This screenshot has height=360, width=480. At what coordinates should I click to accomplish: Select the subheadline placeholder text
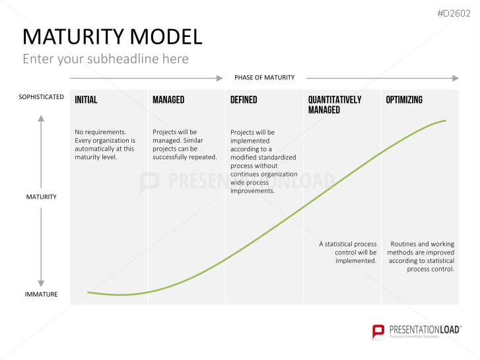click(106, 59)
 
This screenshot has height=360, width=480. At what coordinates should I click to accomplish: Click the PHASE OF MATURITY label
click(264, 78)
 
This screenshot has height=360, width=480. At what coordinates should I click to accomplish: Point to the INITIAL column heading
click(86, 100)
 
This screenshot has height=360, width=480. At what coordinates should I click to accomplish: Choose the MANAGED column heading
click(168, 100)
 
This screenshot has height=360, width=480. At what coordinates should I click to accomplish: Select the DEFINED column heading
click(244, 100)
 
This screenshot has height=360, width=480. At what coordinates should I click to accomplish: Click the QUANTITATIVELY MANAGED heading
click(335, 104)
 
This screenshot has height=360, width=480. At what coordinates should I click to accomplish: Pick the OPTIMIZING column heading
click(404, 100)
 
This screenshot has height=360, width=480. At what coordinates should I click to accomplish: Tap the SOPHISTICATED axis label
click(41, 97)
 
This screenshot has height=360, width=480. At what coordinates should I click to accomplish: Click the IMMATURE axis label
click(41, 294)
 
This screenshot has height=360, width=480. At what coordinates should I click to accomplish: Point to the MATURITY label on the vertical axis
click(41, 197)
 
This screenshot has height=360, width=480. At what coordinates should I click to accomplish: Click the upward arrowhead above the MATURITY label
click(41, 119)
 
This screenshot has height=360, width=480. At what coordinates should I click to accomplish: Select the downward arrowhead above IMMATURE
click(41, 281)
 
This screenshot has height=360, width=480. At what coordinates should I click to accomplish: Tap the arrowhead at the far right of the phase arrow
click(455, 78)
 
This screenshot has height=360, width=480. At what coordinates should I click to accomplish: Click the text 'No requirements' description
click(105, 145)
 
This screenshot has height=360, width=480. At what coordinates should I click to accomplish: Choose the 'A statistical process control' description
click(348, 252)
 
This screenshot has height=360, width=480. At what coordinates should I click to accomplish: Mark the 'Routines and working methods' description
click(422, 256)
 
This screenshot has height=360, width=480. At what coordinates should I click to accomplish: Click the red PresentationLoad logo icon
click(378, 331)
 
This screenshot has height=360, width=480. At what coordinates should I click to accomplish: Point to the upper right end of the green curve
click(446, 120)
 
